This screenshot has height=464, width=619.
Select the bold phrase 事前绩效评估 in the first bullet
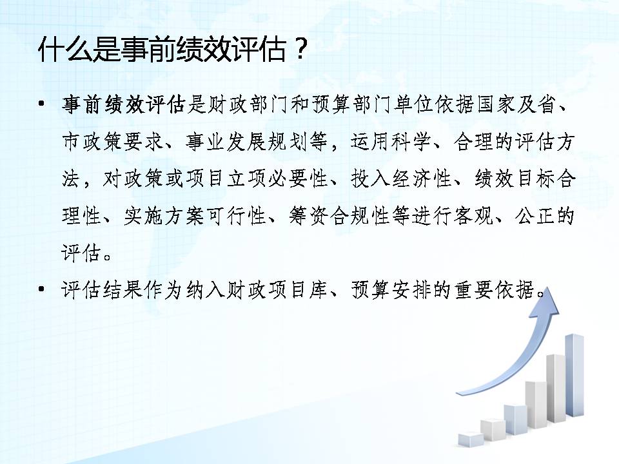(124, 105)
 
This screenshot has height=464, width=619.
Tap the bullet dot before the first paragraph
(41, 104)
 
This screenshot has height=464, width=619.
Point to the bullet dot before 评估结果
(41, 290)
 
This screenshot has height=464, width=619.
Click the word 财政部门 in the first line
(248, 105)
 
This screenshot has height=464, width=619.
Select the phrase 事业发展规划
(248, 142)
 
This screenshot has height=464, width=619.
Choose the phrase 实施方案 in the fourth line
(164, 217)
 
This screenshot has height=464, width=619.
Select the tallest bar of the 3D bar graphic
(575, 375)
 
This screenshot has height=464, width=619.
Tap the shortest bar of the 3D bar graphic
(471, 439)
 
